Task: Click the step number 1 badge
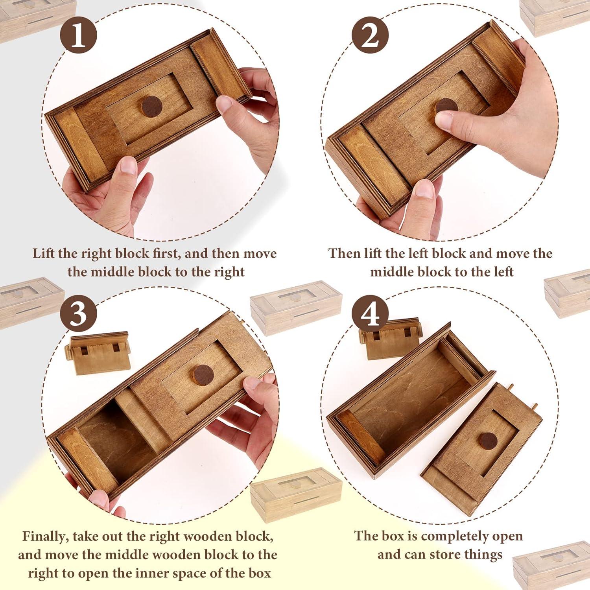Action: pyautogui.click(x=78, y=35)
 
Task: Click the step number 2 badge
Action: pyautogui.click(x=370, y=35)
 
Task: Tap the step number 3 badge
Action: pyautogui.click(x=78, y=313)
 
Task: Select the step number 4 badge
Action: pyautogui.click(x=370, y=313)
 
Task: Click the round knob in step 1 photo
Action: pyautogui.click(x=152, y=107)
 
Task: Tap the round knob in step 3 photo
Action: pyautogui.click(x=203, y=375)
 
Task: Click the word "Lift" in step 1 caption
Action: pyautogui.click(x=44, y=254)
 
